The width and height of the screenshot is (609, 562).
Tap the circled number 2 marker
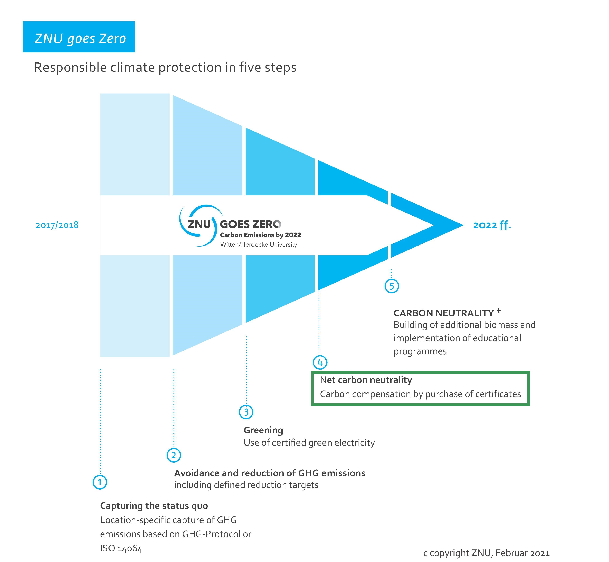click(x=174, y=455)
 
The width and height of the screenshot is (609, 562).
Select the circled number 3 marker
click(x=246, y=412)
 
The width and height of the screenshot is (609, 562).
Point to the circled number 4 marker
click(x=320, y=362)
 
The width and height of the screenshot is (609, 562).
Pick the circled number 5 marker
click(x=392, y=286)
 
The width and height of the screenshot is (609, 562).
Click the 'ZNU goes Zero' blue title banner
click(x=79, y=37)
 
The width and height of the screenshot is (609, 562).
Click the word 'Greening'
click(x=263, y=430)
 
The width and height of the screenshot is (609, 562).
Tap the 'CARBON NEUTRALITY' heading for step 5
click(x=444, y=313)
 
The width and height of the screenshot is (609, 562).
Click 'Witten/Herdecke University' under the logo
click(x=258, y=244)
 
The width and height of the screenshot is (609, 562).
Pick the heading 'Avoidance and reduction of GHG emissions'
click(x=270, y=473)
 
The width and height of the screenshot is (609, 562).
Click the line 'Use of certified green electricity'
click(x=309, y=442)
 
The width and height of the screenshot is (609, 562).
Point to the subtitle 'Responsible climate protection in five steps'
click(x=165, y=67)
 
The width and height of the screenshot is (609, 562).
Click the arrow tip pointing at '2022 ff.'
click(x=463, y=225)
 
